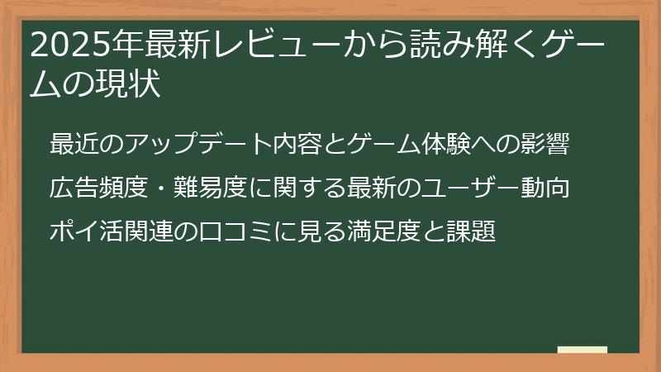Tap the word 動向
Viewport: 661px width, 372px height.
pyautogui.click(x=545, y=187)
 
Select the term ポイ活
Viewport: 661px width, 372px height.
pyautogui.click(x=86, y=231)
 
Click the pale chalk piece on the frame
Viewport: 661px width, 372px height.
pyautogui.click(x=583, y=351)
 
